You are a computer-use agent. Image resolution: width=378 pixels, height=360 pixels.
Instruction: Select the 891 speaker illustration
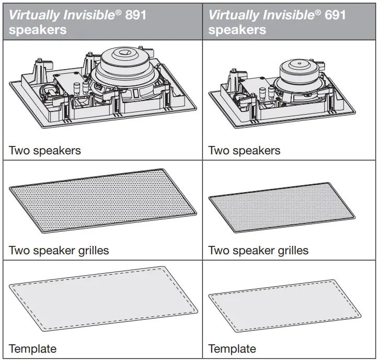point(104,88)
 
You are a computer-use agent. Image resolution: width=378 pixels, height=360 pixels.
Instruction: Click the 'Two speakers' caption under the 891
point(45,151)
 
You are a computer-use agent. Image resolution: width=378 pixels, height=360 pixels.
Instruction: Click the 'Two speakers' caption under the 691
point(244,151)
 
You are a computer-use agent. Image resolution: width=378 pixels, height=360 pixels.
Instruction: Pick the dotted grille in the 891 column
point(104,201)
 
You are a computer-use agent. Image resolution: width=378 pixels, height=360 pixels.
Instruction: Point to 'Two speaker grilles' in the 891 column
point(59,250)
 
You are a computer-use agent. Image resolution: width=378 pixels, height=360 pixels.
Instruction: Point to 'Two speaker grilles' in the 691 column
point(258,250)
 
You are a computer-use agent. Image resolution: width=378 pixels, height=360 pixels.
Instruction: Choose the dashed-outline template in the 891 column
point(104,298)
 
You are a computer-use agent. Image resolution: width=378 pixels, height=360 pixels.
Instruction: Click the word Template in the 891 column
point(32,348)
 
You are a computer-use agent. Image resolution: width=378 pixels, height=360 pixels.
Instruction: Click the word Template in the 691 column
point(232,348)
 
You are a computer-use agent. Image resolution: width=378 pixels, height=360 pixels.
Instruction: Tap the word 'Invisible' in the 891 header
point(84,14)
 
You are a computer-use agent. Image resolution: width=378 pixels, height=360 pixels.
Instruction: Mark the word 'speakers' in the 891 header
point(38,29)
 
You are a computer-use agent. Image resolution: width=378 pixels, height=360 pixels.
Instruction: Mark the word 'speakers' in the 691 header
point(237,29)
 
